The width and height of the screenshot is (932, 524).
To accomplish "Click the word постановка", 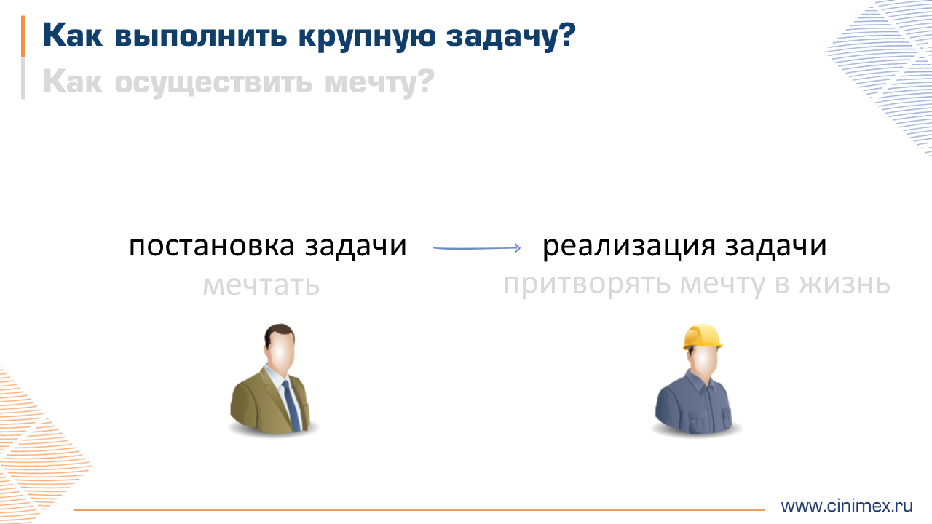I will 212,246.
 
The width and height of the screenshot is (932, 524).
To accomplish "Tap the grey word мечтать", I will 261,285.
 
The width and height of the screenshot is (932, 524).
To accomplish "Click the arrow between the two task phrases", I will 477,248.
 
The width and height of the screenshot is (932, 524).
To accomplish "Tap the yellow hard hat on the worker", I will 702,336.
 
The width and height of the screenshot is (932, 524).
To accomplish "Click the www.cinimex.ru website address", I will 846,506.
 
